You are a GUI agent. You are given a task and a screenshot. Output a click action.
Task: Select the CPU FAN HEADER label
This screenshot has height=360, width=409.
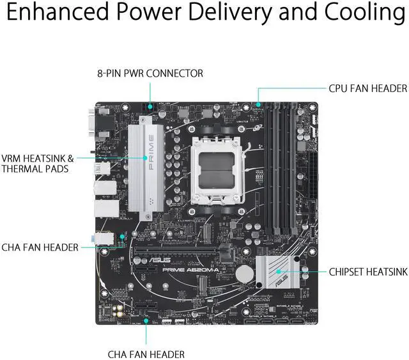coord(367,88)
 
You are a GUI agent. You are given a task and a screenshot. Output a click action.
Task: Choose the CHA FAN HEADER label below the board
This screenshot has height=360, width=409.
coord(146,354)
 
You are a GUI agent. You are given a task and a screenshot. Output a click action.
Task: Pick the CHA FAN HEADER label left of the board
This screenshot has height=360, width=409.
coord(40,247)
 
